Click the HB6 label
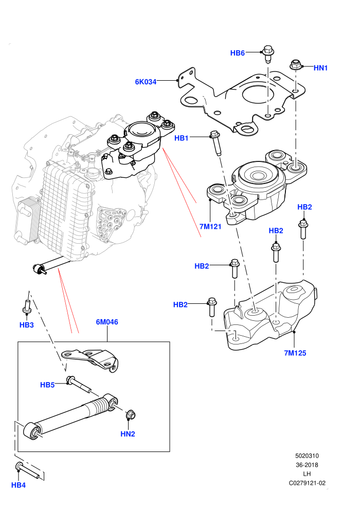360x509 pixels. coord(237,53)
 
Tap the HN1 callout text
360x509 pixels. coord(321,68)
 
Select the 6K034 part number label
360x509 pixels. coord(146,82)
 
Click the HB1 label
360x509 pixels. coord(182,138)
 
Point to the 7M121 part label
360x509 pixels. coord(210,227)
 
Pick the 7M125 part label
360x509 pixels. coord(295,353)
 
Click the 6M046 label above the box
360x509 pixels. coord(107,322)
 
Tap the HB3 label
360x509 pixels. coord(27,325)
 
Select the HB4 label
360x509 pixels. coord(19,485)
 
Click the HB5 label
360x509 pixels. coord(47,385)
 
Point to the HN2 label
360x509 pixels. coord(128,434)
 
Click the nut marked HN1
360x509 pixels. coord(295,64)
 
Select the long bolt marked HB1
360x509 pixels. coord(216,143)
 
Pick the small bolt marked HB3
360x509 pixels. coord(27,307)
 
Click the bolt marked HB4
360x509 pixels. coord(29,470)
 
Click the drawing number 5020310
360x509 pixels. coord(307,456)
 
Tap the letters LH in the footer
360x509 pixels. coord(307,474)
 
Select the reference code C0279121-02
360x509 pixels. coord(307,483)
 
